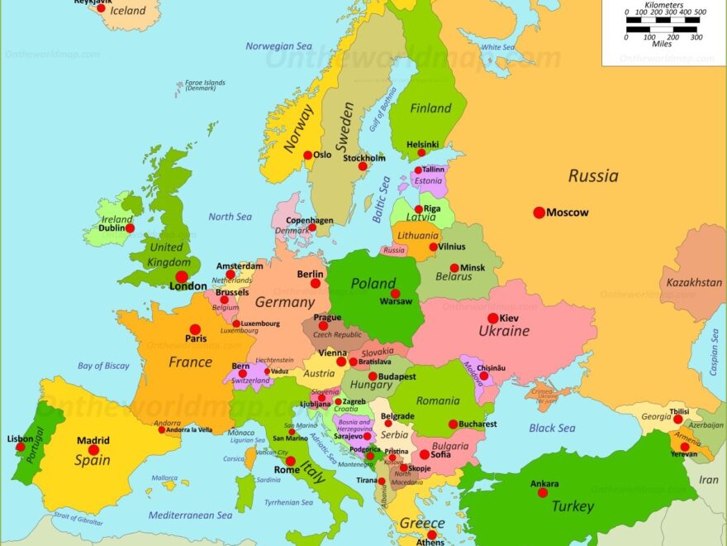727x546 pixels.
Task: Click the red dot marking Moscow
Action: (x=539, y=213)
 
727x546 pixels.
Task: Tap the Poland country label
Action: (x=373, y=283)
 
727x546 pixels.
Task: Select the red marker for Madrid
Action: (x=93, y=450)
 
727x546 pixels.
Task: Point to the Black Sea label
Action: (x=552, y=428)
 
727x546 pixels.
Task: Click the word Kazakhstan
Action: (x=694, y=282)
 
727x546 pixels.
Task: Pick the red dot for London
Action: (x=181, y=276)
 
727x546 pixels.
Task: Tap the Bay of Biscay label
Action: (x=103, y=366)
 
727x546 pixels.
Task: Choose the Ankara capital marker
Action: (x=543, y=492)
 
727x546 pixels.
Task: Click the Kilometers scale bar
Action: (x=666, y=21)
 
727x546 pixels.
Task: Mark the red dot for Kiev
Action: (x=492, y=318)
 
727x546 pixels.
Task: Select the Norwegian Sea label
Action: (x=279, y=46)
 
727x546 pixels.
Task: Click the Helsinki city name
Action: (x=423, y=144)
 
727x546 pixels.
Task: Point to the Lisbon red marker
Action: (x=20, y=447)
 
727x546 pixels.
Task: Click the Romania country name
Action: (x=438, y=400)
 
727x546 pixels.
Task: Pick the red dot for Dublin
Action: (x=130, y=227)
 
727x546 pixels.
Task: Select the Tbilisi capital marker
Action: (x=678, y=419)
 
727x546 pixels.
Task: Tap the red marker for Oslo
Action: (x=307, y=155)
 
